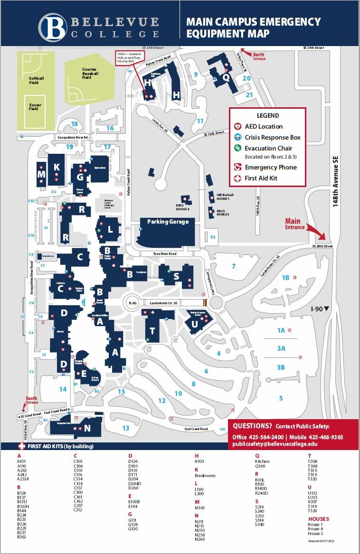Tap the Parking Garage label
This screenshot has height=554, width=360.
[168, 222]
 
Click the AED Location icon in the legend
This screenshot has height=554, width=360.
[238, 127]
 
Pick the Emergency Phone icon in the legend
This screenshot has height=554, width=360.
[238, 167]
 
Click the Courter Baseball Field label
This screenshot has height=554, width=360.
[90, 73]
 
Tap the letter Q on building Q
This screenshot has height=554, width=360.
[226, 77]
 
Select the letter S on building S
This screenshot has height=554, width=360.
[176, 276]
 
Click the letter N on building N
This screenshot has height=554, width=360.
[87, 428]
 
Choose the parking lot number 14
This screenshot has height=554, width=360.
[63, 389]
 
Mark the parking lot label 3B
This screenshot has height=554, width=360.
[281, 367]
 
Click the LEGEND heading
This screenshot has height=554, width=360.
[268, 115]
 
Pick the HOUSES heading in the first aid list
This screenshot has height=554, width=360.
[318, 519]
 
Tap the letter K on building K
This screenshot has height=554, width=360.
[57, 167]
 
